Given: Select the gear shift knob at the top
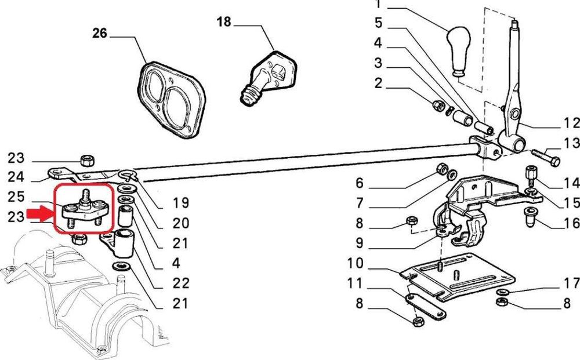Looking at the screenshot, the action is [459, 52].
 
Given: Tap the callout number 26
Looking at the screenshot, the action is [100, 33].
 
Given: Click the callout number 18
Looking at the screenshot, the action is [224, 22].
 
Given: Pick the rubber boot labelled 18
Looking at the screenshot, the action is [267, 78].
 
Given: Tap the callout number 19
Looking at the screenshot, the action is [181, 203].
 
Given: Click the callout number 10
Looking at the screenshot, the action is [356, 264].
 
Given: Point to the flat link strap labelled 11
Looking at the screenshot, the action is [426, 306].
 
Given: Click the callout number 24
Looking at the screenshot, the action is [16, 177].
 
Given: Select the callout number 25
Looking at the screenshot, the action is [16, 197].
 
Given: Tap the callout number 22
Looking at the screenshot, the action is [181, 283].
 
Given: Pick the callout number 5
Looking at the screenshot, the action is [378, 23].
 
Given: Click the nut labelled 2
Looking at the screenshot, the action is [438, 105].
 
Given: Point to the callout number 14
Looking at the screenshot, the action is [571, 183].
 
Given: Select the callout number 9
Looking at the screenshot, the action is [360, 243].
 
